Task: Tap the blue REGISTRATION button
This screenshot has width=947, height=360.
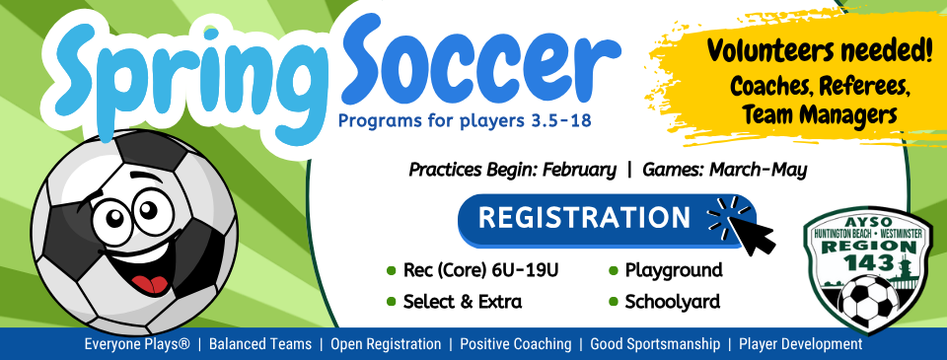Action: coord(584,218)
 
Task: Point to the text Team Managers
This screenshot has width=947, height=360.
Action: coord(821,114)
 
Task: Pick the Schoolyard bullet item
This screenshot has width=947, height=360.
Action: coord(672,302)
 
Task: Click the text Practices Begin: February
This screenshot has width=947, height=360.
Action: coord(513,170)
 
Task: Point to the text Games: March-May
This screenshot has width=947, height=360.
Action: coord(725,170)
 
